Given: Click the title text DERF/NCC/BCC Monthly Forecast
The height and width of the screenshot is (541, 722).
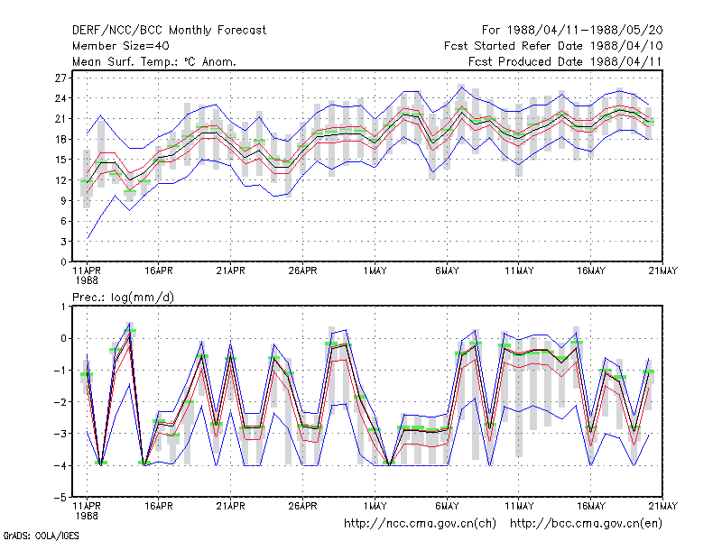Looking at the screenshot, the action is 169,31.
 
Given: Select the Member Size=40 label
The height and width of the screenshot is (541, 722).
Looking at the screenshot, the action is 121,46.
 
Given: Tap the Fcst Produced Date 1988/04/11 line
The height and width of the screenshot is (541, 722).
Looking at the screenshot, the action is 565,61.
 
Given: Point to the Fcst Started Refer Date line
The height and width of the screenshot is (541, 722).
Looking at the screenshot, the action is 553,46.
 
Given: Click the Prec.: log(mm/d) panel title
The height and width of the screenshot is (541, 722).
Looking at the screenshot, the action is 123,298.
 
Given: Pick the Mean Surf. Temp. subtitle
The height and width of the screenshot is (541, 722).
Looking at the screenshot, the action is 153,61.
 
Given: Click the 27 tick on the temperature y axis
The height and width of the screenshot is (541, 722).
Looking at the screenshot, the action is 60,78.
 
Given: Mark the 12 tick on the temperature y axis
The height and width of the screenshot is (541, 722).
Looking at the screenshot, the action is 60,180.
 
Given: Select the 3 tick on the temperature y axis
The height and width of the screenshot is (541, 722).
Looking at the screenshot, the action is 63,242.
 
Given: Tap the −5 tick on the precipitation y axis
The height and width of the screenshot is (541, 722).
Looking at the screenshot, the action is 60,498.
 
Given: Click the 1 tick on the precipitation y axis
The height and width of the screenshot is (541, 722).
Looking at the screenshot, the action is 63,307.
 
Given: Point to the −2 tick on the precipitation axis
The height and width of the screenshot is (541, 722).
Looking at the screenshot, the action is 60,402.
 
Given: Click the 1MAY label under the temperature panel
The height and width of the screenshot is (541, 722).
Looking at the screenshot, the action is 375,271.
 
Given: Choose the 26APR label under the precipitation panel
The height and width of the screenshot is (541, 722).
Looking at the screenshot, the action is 302,506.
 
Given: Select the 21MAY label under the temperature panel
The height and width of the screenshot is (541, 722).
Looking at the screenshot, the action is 663,271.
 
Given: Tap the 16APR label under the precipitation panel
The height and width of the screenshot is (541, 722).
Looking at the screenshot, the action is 159,506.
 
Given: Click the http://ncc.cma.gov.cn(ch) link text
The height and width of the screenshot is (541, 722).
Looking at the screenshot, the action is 420,524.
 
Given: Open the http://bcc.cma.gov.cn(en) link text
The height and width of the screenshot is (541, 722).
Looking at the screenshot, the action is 586,524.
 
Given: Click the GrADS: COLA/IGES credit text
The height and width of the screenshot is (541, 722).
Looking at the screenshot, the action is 41,536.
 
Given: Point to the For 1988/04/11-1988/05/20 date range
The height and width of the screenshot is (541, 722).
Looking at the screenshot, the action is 572,31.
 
